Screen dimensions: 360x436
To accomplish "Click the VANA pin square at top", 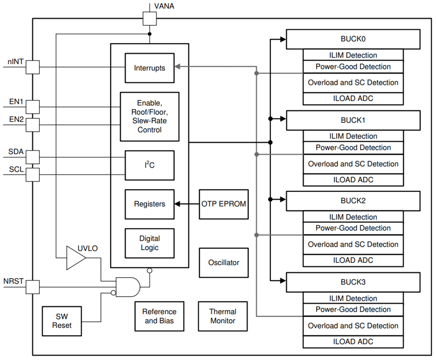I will [149, 18].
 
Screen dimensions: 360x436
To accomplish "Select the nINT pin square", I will [33, 67].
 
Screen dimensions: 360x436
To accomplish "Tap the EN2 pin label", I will [16, 119].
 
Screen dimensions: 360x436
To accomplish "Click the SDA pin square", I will [33, 157].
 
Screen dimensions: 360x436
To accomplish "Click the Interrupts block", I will [149, 68].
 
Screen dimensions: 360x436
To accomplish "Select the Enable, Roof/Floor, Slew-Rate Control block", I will [149, 117].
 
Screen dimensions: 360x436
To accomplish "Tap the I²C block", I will [149, 165].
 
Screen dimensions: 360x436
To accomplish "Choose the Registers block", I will [149, 204].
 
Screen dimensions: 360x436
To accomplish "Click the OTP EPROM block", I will [224, 204].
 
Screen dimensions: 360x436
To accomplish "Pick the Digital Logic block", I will [149, 243].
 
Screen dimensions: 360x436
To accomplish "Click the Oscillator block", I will [224, 262].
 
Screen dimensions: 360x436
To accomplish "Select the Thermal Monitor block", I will [223, 316].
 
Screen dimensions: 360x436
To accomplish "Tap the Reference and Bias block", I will [159, 316].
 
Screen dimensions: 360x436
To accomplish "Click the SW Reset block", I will [62, 321].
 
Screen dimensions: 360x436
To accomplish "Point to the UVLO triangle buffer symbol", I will [75, 258].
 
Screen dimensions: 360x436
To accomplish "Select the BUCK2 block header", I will [353, 201].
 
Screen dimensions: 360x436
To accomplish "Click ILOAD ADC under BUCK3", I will [353, 341].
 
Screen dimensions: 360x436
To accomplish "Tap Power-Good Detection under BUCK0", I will [353, 67].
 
